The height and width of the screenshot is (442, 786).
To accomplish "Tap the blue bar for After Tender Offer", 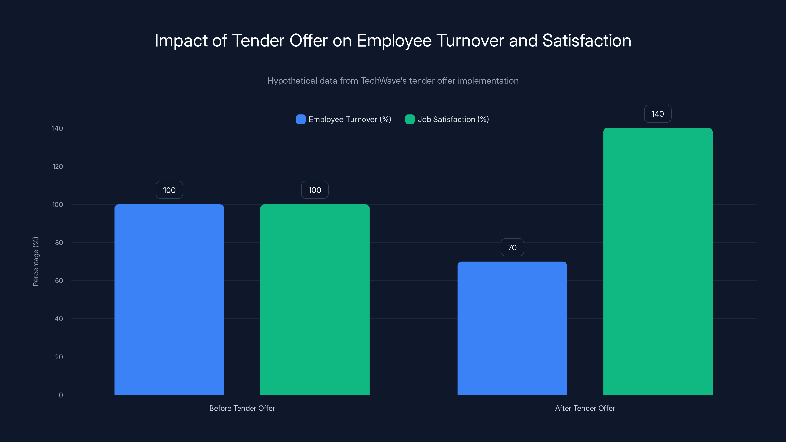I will (512, 328).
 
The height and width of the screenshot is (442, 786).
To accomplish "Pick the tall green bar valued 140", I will (658, 261).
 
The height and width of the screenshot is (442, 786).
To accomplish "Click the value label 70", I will (512, 247).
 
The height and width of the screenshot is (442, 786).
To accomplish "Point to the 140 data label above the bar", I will (658, 114).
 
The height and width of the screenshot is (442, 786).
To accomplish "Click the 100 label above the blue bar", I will (169, 190).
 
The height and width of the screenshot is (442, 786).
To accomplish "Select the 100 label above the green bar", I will (315, 190).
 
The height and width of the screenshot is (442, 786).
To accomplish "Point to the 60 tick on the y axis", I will (59, 281).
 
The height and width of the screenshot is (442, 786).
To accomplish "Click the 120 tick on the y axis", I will (57, 166).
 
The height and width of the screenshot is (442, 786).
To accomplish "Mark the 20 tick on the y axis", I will (59, 357).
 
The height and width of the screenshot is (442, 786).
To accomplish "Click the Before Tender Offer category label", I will (242, 408).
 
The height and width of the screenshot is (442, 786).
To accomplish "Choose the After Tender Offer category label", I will (585, 408).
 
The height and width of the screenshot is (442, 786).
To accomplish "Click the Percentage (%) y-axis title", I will (36, 262).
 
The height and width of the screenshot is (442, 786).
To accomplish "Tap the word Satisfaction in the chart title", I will (587, 41).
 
